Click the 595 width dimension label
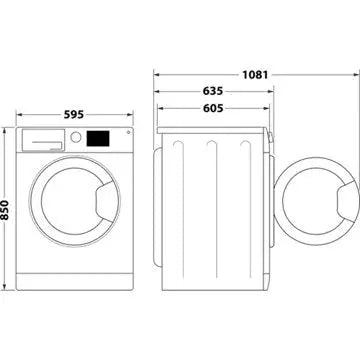pyautogui.click(x=75, y=113)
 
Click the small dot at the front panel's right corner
pyautogui.click(x=122, y=137)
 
